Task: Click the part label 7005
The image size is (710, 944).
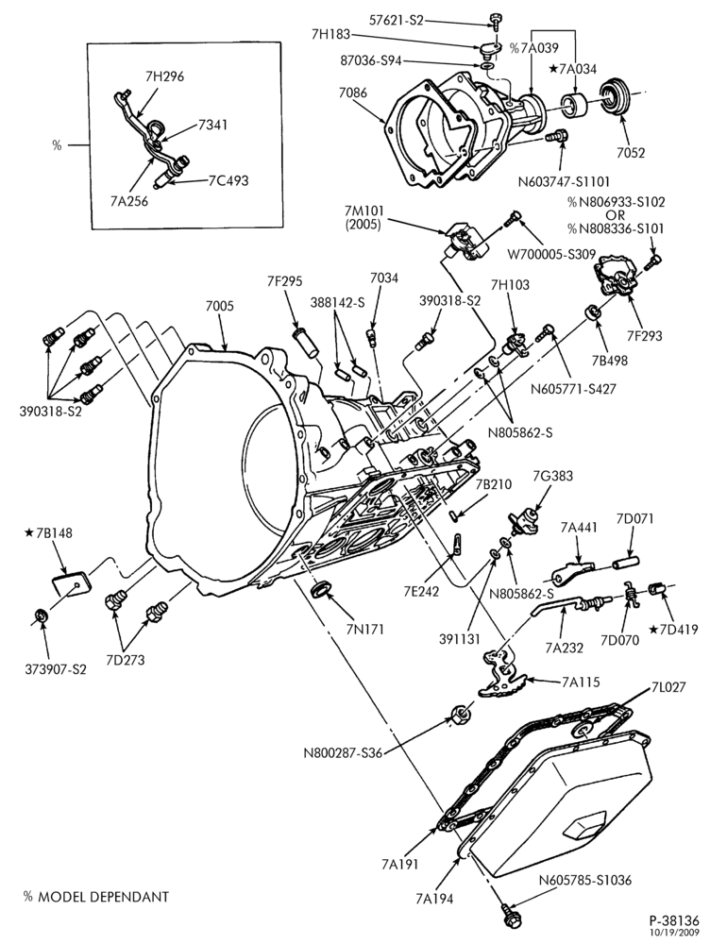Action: click(220, 306)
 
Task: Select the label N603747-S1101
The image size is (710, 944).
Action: click(564, 181)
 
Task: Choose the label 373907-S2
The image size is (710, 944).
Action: click(55, 669)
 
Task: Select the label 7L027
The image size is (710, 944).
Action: click(668, 687)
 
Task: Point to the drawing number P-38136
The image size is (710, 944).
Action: click(673, 920)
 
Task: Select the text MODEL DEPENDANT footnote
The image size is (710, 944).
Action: click(103, 897)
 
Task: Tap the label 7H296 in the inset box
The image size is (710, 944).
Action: click(164, 76)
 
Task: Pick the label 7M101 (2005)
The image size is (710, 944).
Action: click(363, 218)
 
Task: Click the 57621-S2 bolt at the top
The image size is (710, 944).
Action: click(494, 21)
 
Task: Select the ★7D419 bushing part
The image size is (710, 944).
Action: click(655, 589)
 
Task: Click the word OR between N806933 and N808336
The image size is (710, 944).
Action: click(616, 215)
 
